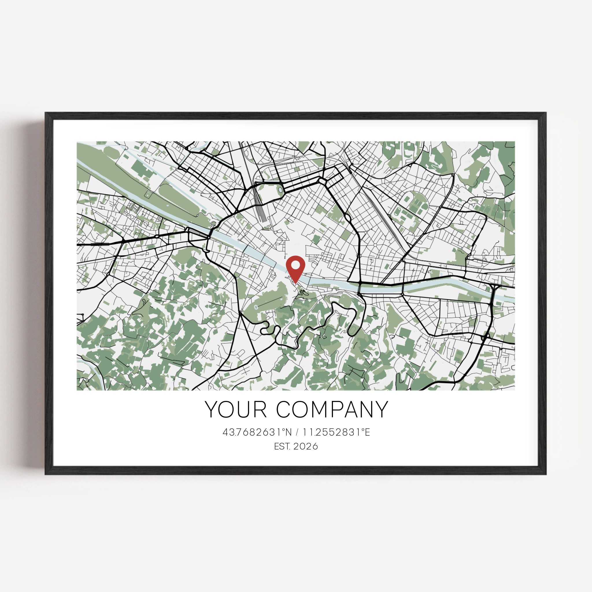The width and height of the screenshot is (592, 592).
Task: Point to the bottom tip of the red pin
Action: (x=296, y=283)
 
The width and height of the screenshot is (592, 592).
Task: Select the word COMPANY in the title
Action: (x=332, y=410)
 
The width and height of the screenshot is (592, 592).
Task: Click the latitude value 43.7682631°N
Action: (x=257, y=432)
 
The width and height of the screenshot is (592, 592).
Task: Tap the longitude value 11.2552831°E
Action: (x=336, y=432)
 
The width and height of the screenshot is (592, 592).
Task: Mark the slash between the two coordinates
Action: (x=297, y=432)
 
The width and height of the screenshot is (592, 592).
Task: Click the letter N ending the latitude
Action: (x=288, y=432)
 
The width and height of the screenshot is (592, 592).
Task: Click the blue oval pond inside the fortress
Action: (x=280, y=190)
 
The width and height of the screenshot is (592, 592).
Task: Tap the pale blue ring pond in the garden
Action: (x=256, y=307)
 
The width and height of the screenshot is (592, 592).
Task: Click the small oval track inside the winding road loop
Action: (x=353, y=330)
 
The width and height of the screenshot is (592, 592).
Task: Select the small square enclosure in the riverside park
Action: (x=149, y=194)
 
